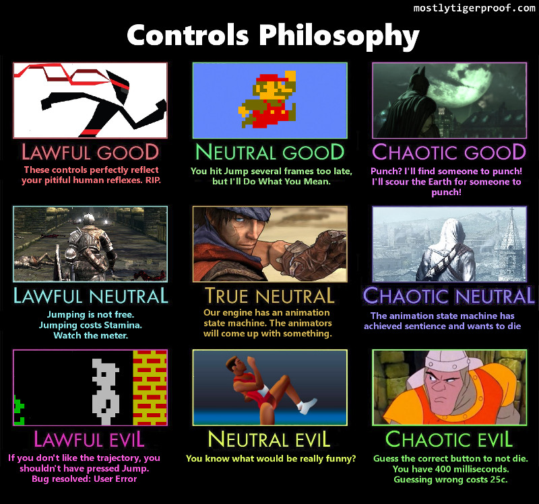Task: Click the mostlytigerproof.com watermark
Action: coord(474,8)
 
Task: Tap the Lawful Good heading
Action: coord(90,152)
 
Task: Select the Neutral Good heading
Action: coord(270,152)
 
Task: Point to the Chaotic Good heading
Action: coord(449,152)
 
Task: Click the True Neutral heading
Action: coord(269,295)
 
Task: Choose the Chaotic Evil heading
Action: coord(449,439)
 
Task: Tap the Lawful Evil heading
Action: coord(89,439)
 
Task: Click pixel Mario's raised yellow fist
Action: coord(290,76)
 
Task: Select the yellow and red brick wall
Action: coord(150,388)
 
